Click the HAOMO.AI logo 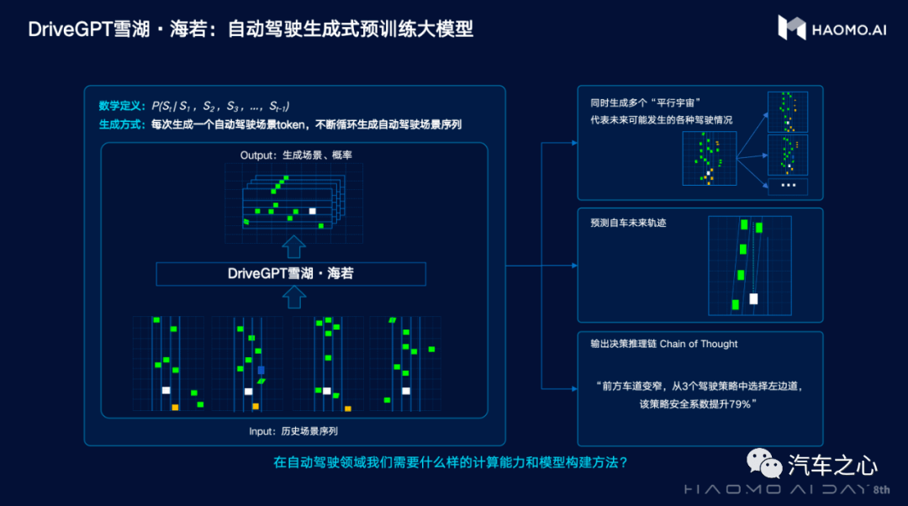coord(831,28)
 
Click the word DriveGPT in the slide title coord(70,29)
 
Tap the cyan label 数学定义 coord(119,106)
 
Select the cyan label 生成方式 coord(119,124)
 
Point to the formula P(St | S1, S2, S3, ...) coord(220,106)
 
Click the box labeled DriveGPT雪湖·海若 coord(291,274)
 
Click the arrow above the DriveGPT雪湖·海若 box coord(293,246)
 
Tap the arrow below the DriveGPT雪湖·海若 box coord(293,297)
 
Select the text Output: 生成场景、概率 coord(296,155)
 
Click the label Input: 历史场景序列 coord(293,431)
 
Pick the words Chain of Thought coord(699,344)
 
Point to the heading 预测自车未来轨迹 coord(628,223)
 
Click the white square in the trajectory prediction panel coord(753,298)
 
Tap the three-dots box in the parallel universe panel coord(788,186)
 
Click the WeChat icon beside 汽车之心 coord(763,464)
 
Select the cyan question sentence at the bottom coord(451,462)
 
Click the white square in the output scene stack coord(312,211)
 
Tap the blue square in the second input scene coord(261,370)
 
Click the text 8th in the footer coord(881,490)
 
